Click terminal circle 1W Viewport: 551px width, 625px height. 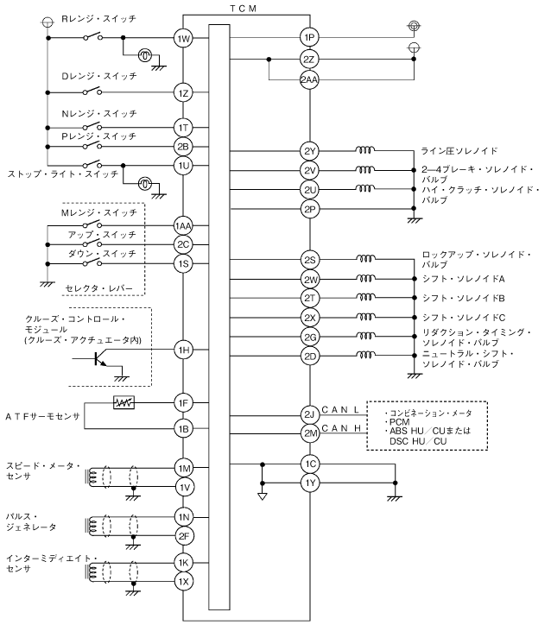[183, 39]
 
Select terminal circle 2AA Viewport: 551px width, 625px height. [309, 79]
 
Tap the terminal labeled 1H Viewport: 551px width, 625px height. [183, 350]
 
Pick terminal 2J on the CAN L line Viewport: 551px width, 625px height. [310, 414]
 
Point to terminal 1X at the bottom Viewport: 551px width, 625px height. [183, 582]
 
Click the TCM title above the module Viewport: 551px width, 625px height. [244, 9]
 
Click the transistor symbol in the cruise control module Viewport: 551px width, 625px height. [99, 358]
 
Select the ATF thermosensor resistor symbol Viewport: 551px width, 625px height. [123, 402]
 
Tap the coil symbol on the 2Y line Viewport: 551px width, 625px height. [364, 150]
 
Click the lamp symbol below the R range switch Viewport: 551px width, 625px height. [144, 55]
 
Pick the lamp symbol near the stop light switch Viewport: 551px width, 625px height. [144, 184]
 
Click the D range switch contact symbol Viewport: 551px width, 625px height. [92, 91]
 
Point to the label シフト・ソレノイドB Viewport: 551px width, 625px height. [463, 298]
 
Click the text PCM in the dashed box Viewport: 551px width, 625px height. [400, 422]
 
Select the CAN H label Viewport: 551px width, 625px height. [341, 428]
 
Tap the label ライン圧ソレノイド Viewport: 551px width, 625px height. [459, 151]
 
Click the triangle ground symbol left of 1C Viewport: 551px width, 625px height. [263, 496]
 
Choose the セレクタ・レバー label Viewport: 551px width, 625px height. [98, 287]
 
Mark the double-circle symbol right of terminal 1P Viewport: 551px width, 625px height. [414, 26]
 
